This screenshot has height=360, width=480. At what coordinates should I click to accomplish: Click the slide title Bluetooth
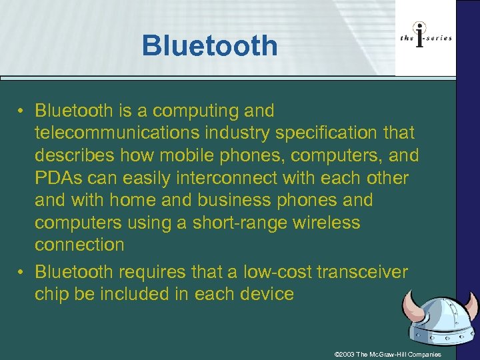(x=209, y=46)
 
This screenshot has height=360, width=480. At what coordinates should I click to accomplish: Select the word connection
(x=79, y=245)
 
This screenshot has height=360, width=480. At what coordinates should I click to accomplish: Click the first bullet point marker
(x=22, y=110)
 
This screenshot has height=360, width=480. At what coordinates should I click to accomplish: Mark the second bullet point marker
(x=22, y=272)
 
